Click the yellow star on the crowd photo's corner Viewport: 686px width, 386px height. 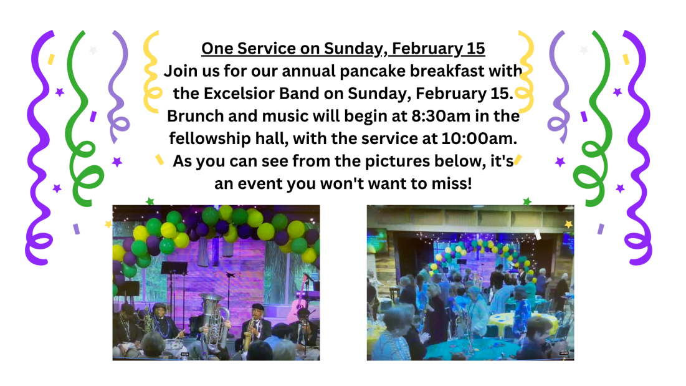(x=568, y=224)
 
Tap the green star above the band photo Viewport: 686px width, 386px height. (x=150, y=201)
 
